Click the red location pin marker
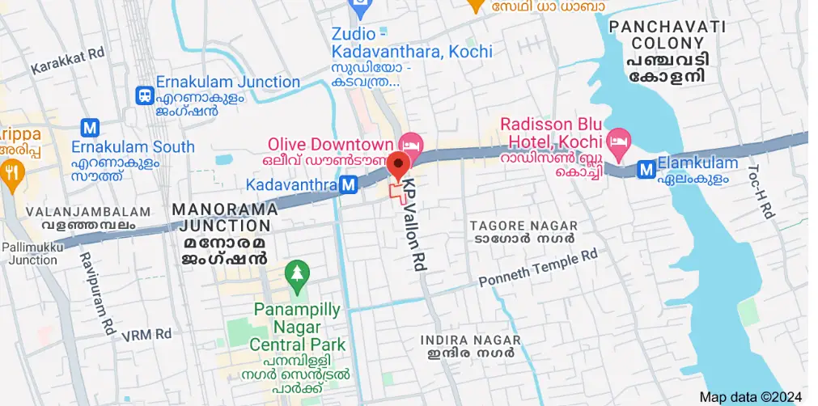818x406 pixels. click(x=397, y=165)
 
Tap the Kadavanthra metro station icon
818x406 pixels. click(x=349, y=185)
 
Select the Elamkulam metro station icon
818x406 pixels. click(x=646, y=170)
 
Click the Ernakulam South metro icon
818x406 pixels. click(x=90, y=127)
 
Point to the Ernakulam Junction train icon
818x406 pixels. click(x=145, y=95)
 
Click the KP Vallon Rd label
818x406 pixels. click(x=415, y=224)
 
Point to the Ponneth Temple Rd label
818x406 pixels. click(x=538, y=269)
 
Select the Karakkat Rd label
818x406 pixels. click(x=68, y=61)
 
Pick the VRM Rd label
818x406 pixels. click(x=146, y=333)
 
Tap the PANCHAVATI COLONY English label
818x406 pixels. click(x=668, y=35)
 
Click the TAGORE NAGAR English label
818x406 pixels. click(x=523, y=226)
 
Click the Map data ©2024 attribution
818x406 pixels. click(x=750, y=396)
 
